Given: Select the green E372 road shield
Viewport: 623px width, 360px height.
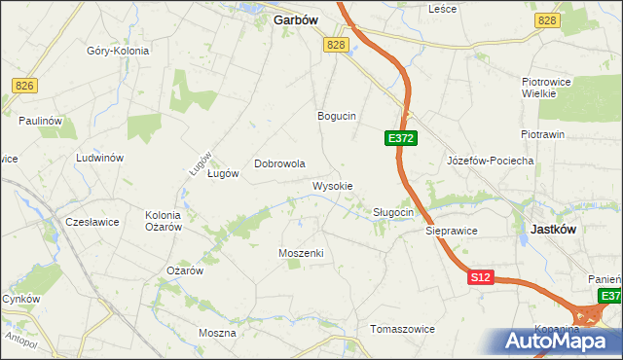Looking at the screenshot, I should click(x=401, y=139).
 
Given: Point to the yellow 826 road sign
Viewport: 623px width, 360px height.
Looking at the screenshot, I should click(x=25, y=87).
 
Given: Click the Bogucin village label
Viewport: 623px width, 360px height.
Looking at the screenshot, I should click(x=337, y=115).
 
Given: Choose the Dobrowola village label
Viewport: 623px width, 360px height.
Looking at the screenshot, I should click(x=280, y=163).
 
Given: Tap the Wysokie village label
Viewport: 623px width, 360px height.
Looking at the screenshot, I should click(x=332, y=185).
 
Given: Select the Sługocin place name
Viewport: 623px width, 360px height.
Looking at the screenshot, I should click(x=394, y=211).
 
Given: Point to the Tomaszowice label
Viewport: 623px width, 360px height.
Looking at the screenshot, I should click(x=402, y=329).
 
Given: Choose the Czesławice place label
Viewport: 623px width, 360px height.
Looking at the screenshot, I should click(x=92, y=222).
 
